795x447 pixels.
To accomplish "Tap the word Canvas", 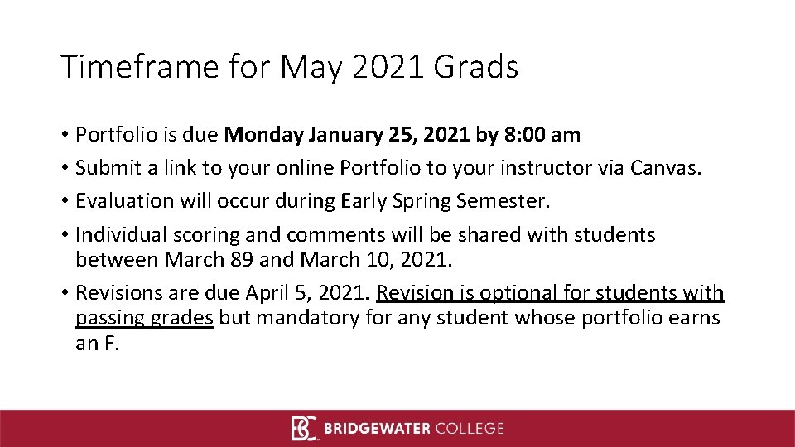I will click(x=664, y=168).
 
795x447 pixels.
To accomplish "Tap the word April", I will click(x=266, y=293).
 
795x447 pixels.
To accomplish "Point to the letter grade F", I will click(x=111, y=344).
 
